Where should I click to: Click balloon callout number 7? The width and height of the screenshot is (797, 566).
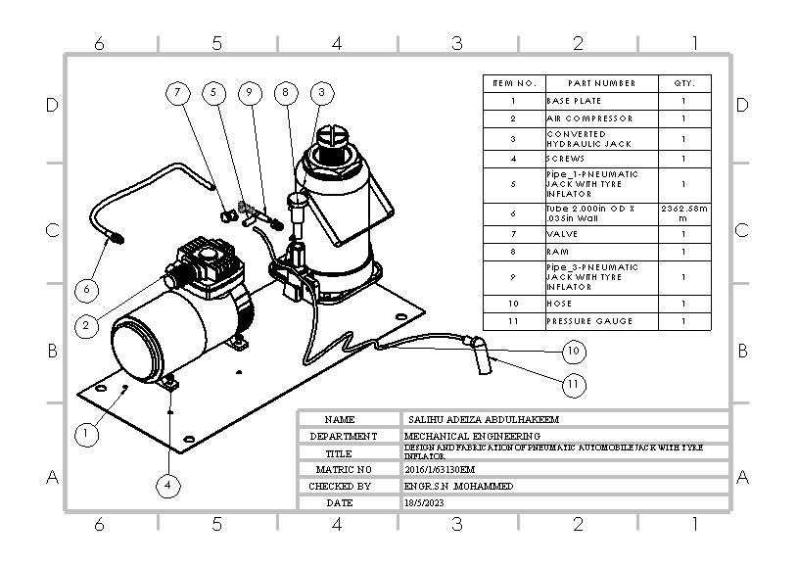click(177, 93)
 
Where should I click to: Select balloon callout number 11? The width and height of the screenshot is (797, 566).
click(575, 385)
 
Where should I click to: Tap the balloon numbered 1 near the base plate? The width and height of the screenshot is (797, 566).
click(87, 432)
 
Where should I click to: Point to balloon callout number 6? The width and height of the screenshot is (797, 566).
click(87, 291)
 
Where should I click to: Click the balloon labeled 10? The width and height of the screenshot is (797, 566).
click(575, 351)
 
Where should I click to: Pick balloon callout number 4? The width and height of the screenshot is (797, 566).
click(169, 484)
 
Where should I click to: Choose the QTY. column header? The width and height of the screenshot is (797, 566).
click(683, 83)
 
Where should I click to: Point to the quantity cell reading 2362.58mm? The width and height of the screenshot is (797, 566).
click(683, 213)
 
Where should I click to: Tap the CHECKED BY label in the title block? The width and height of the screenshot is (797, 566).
click(340, 486)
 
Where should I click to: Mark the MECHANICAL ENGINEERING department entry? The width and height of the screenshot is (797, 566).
click(472, 436)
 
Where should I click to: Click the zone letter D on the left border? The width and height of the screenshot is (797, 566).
click(54, 106)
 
